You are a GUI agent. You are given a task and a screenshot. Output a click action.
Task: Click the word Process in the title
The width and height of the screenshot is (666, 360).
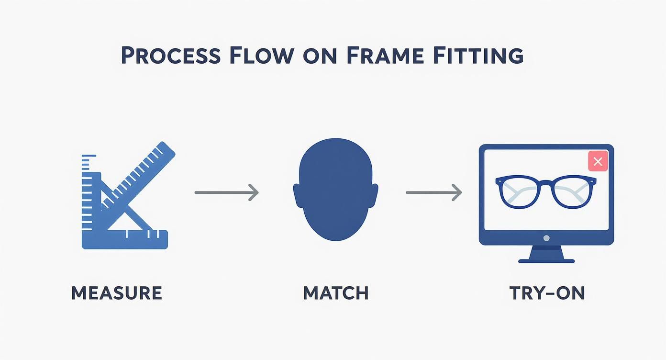tap(171, 55)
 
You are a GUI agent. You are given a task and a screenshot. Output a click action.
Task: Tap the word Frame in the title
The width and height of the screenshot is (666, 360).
tap(385, 56)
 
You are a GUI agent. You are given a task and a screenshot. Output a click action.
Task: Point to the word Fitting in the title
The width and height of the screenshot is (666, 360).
tap(478, 56)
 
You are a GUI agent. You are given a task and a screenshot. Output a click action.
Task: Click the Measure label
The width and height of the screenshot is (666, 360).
tap(117, 293)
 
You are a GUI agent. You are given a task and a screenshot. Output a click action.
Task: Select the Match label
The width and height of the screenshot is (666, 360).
tap(336, 293)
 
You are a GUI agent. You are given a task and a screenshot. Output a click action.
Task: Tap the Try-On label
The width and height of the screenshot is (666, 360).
tap(547, 293)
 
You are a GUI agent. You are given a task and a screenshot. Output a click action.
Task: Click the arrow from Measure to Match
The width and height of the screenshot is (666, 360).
tap(227, 192)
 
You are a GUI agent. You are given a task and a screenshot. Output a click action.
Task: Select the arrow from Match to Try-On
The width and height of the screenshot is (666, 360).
tap(434, 192)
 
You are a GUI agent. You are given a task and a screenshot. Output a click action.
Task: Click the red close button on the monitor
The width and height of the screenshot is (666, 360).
tap(598, 161)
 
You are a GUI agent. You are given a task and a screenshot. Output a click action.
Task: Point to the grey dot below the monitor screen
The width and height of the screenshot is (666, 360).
tap(546, 238)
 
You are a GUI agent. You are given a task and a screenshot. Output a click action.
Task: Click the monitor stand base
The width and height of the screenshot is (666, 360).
tap(546, 261)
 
